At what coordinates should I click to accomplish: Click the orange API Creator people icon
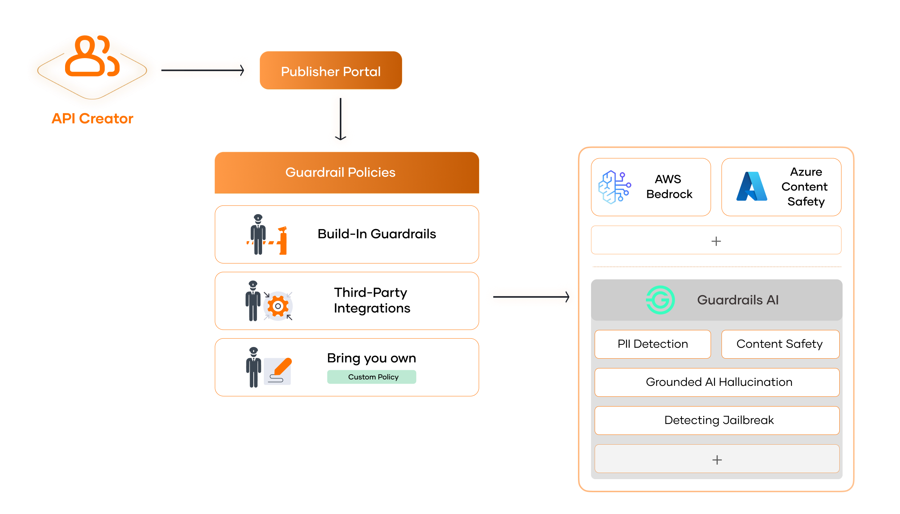92,56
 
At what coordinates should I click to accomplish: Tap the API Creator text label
92,119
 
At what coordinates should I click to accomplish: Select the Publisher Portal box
331,70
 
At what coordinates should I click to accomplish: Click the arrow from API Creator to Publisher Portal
202,70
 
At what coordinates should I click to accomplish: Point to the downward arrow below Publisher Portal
341,119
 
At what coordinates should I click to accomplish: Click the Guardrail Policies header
347,172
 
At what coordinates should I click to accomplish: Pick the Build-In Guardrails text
377,234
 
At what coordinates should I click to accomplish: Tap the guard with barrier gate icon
267,234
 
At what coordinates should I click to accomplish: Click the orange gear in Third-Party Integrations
278,306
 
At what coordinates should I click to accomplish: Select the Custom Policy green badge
371,377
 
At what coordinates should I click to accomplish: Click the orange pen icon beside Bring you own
283,367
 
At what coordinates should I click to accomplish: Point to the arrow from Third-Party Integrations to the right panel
531,297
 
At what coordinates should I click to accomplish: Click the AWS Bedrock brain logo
615,187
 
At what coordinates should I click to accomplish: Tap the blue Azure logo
752,187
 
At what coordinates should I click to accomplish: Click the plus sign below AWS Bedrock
716,241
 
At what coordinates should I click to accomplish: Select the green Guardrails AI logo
660,300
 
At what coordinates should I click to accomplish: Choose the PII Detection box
652,344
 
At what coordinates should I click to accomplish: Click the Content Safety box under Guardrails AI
780,344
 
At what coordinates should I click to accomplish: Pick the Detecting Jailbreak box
717,420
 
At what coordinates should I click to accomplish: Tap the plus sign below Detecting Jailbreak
717,460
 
